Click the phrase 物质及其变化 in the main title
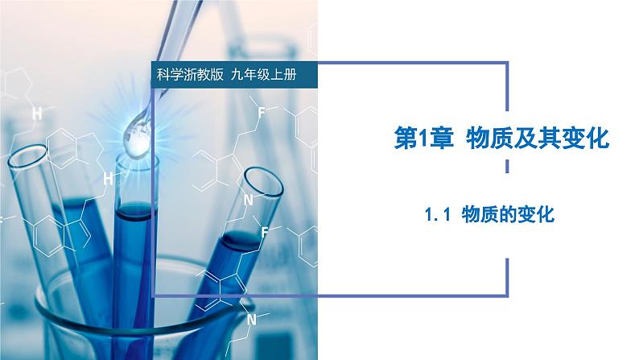(x=538, y=139)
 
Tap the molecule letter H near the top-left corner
(x=36, y=114)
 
